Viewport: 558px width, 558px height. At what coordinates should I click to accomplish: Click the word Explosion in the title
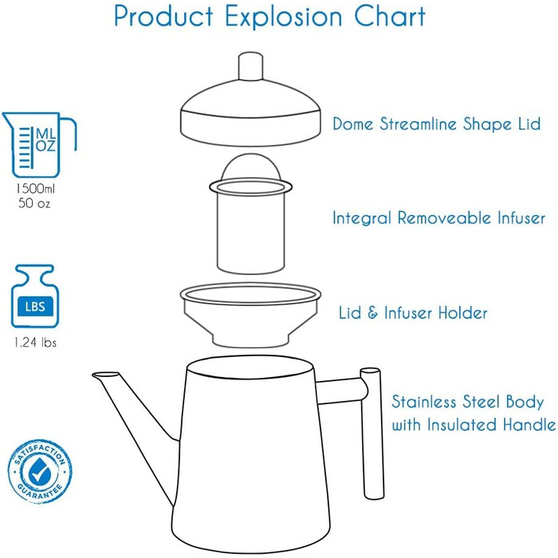[283, 17]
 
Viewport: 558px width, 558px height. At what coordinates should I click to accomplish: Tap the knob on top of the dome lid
[250, 66]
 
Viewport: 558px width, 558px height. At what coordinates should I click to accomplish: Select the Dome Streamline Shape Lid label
[437, 124]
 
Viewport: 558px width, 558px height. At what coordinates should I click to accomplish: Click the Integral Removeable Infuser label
[438, 218]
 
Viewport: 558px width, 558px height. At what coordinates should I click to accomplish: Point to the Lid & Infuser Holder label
[413, 312]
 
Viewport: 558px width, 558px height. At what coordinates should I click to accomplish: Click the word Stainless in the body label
[424, 402]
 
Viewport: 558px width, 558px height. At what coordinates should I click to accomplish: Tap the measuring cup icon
[39, 144]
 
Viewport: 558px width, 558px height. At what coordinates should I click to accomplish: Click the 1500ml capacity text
[35, 188]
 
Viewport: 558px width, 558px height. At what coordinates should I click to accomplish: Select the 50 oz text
[34, 203]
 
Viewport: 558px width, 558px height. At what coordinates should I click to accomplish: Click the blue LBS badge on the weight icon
[35, 306]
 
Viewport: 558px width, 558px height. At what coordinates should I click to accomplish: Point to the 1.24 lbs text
[35, 342]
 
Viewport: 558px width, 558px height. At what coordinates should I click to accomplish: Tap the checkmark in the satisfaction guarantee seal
[39, 472]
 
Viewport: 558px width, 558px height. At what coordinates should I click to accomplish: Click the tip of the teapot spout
[94, 375]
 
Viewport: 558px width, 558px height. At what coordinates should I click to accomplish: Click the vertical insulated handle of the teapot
[372, 434]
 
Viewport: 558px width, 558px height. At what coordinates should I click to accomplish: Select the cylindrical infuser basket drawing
[250, 214]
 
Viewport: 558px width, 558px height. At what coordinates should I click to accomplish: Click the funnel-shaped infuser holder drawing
[250, 315]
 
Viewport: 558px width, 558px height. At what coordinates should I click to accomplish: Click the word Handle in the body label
[529, 425]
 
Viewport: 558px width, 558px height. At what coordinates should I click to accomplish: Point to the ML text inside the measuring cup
[45, 134]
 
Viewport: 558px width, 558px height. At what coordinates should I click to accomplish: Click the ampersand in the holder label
[372, 312]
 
